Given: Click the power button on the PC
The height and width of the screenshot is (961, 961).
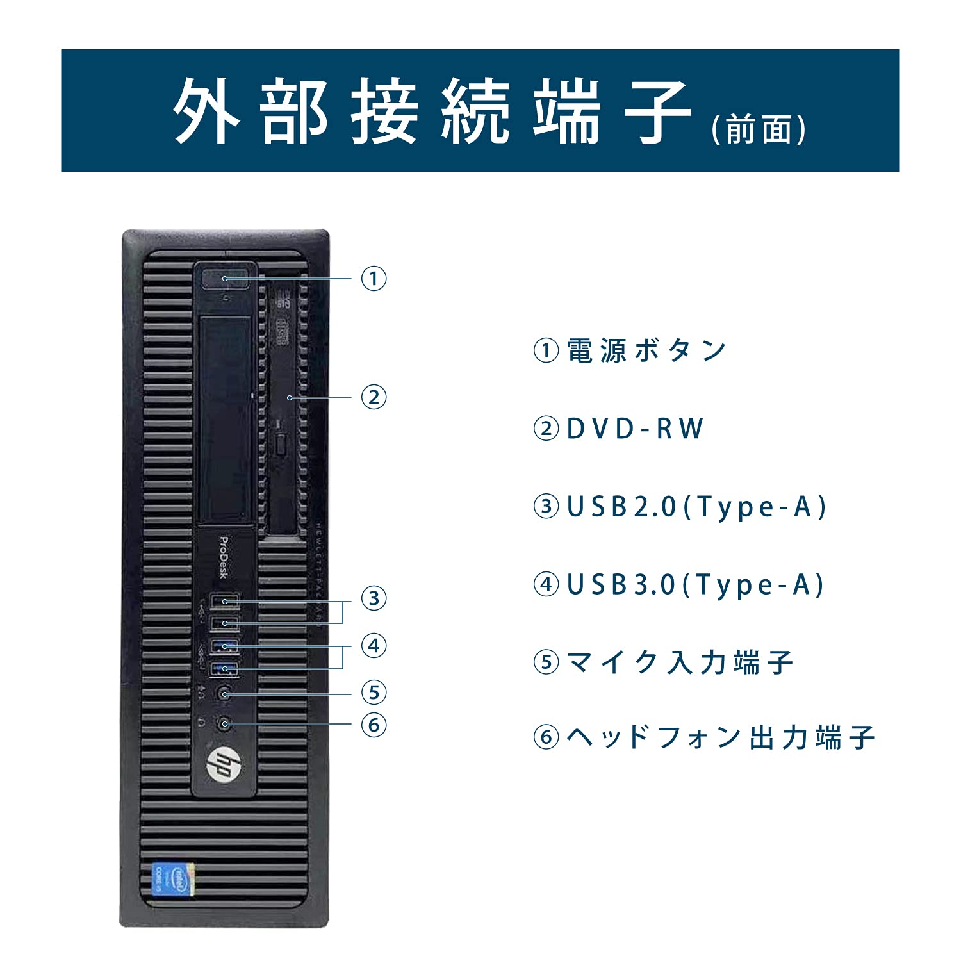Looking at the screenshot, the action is (x=225, y=279).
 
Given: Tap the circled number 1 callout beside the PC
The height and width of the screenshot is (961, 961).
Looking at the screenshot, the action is (x=374, y=279).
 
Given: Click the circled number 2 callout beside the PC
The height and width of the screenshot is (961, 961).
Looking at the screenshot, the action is (x=374, y=397).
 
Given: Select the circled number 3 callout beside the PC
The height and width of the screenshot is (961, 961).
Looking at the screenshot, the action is (x=374, y=598).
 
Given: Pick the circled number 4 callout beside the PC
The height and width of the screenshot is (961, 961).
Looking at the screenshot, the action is (x=374, y=645).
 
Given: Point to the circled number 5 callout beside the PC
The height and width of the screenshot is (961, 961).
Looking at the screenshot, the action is (x=374, y=693).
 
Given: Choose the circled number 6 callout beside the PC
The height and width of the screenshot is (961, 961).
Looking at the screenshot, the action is (x=374, y=725).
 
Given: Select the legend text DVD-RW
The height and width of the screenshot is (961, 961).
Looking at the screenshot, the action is (x=635, y=429).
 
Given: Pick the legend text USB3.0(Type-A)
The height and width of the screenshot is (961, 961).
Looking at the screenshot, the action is (x=695, y=585).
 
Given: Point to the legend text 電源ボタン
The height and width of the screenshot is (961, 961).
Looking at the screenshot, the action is (x=646, y=351).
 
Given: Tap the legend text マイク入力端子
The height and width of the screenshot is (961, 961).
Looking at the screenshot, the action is (x=680, y=662).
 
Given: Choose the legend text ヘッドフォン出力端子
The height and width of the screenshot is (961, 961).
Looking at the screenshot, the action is (x=720, y=737).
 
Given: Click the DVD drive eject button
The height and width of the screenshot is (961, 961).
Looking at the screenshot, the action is (x=281, y=441).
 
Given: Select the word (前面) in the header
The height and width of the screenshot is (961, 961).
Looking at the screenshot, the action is (x=759, y=130).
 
